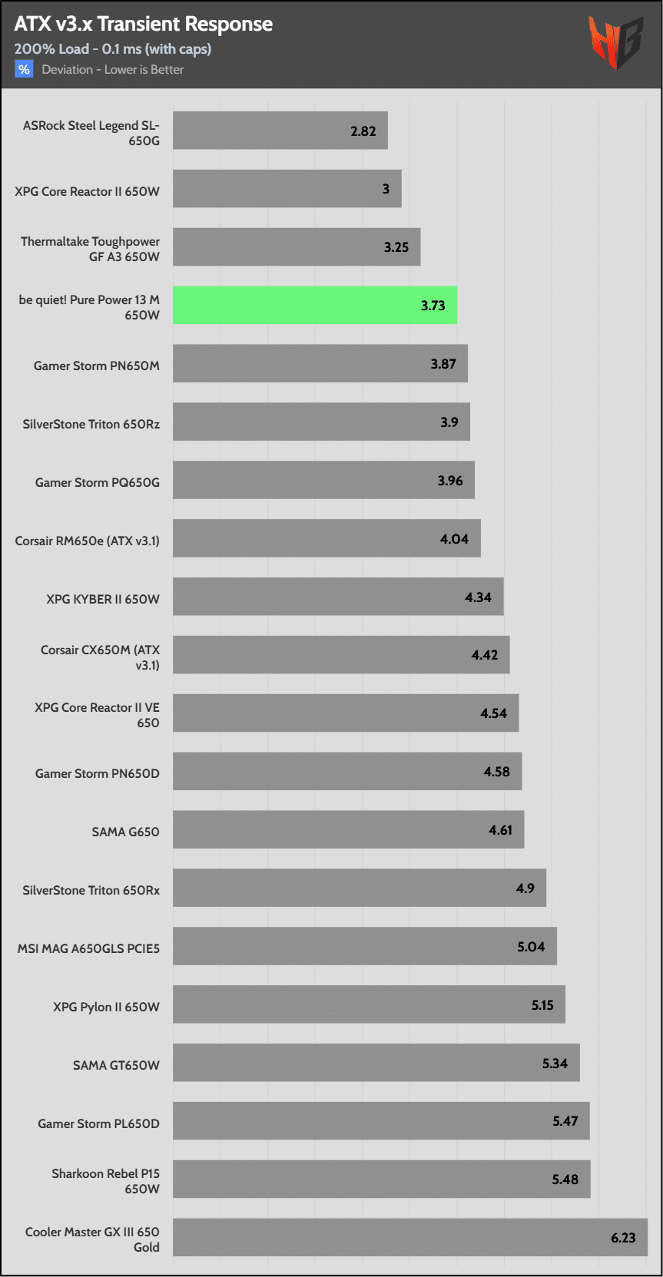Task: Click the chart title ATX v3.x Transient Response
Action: pyautogui.click(x=144, y=25)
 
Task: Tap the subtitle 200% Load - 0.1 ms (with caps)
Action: pyautogui.click(x=112, y=49)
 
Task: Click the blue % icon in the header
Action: pyautogui.click(x=24, y=69)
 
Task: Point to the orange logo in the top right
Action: pyautogui.click(x=615, y=43)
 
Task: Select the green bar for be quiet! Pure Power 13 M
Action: pyautogui.click(x=314, y=306)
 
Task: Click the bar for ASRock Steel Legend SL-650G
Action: pyautogui.click(x=280, y=131)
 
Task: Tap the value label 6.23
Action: pyautogui.click(x=623, y=1238)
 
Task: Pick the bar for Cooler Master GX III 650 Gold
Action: pyautogui.click(x=409, y=1238)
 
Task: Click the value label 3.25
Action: pyautogui.click(x=396, y=247)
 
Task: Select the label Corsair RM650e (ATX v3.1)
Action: pyautogui.click(x=88, y=541)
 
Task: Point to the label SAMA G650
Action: pyautogui.click(x=125, y=832)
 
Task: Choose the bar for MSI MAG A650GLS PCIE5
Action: pyautogui.click(x=364, y=947)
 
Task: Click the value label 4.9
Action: pyautogui.click(x=525, y=888)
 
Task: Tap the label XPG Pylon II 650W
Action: pyautogui.click(x=106, y=1007)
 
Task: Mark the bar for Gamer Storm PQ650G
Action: pyautogui.click(x=323, y=481)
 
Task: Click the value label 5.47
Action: pyautogui.click(x=565, y=1121)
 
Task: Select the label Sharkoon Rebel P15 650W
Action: pyautogui.click(x=106, y=1181)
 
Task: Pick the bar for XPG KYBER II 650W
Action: pyautogui.click(x=338, y=597)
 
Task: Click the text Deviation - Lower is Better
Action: pyautogui.click(x=113, y=70)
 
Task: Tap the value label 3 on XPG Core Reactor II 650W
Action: pyautogui.click(x=386, y=189)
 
